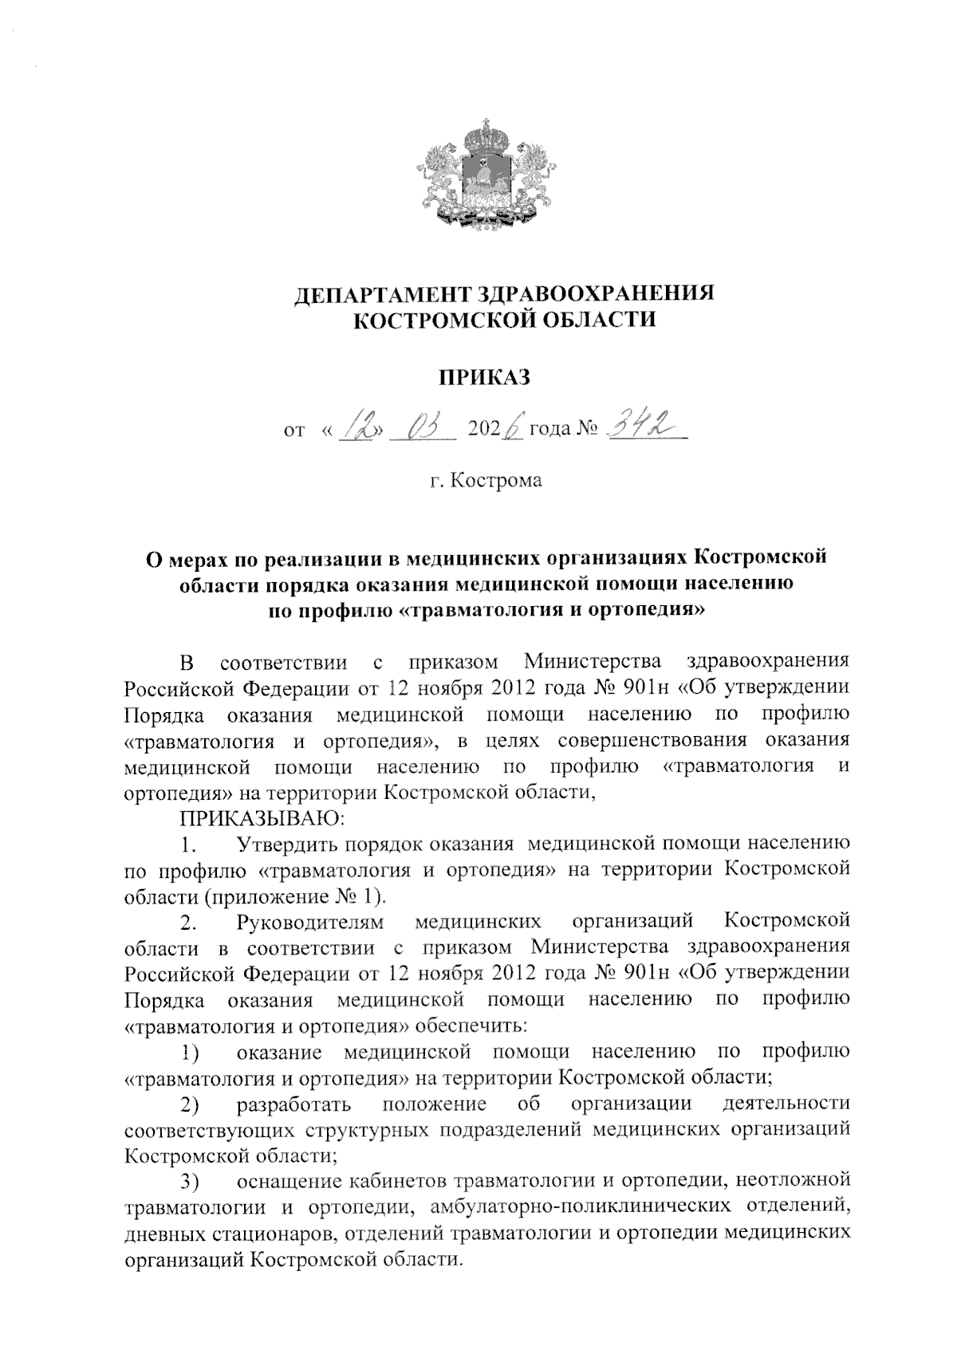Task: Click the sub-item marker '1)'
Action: coord(189,1053)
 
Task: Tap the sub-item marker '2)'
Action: coord(189,1106)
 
